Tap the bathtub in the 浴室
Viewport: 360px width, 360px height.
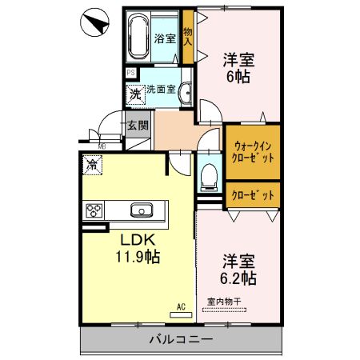point(140,36)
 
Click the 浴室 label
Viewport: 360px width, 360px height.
point(165,38)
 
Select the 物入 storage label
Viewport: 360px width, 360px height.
point(188,37)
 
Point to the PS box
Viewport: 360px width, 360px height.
point(130,73)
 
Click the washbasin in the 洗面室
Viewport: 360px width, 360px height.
point(186,92)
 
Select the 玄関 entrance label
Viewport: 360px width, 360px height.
point(137,125)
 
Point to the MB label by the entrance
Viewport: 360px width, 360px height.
point(102,146)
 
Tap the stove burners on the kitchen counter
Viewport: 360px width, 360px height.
point(94,211)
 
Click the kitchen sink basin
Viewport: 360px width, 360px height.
point(142,211)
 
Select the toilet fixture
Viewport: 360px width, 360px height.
point(209,175)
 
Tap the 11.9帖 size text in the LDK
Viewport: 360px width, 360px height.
point(138,258)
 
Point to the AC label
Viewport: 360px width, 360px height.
point(181,306)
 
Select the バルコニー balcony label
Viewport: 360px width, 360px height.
point(180,339)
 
